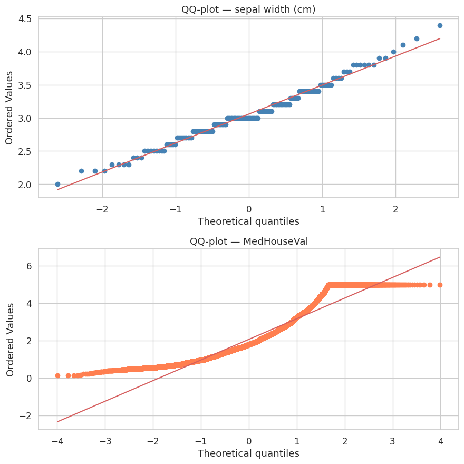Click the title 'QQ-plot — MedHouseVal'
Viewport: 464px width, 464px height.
point(248,241)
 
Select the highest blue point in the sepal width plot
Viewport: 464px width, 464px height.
point(440,25)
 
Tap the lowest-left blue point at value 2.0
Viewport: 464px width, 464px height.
point(57,184)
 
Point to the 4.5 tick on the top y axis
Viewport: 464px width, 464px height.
point(25,19)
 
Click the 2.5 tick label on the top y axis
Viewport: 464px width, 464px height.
point(25,151)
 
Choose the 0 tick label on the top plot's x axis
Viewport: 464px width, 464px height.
point(249,208)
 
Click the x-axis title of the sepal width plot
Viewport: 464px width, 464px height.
point(248,221)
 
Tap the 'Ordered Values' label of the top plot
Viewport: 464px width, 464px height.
point(9,108)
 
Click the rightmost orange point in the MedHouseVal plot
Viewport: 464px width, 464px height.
point(440,285)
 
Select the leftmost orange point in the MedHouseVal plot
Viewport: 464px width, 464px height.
point(57,375)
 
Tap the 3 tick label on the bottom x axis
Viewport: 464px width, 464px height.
point(392,440)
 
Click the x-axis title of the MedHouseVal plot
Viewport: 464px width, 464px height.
point(248,453)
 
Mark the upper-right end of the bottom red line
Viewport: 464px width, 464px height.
point(440,257)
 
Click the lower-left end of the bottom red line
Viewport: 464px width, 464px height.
point(57,422)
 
